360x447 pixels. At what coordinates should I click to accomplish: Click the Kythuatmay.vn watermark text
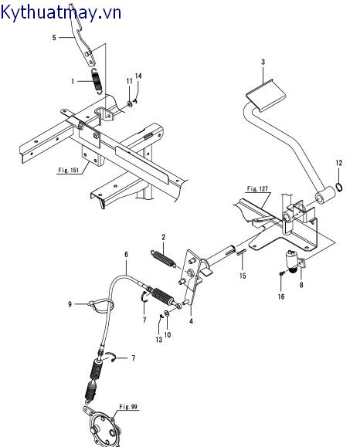pos(60,12)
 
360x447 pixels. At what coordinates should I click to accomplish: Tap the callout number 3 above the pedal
pos(263,62)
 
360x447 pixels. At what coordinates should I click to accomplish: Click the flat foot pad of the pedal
pos(265,95)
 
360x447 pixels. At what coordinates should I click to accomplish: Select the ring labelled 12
pos(339,188)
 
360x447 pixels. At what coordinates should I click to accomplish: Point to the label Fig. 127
pos(257,188)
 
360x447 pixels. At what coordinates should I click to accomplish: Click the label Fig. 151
pos(69,170)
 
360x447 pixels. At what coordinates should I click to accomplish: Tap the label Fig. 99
pos(128,407)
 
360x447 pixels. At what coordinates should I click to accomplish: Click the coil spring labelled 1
pos(96,81)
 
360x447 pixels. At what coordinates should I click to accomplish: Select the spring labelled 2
pos(162,259)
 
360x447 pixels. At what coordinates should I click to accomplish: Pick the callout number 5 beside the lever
pos(54,37)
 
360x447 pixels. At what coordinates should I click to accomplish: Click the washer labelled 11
pos(129,103)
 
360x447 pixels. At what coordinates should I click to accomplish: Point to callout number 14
pos(138,76)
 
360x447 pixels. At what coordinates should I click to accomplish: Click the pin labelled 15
pos(240,252)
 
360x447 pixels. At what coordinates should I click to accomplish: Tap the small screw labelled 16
pos(281,273)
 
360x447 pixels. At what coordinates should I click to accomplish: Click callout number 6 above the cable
pos(127,254)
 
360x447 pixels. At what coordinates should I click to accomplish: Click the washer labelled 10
pos(167,313)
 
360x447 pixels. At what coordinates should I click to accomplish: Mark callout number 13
pos(159,340)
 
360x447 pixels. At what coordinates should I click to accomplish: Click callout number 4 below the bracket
pos(191,321)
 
